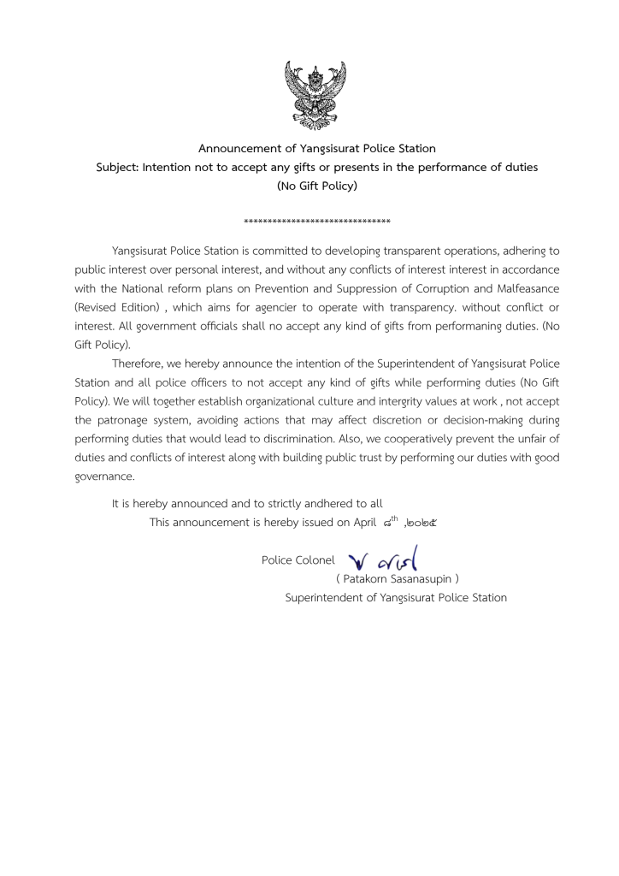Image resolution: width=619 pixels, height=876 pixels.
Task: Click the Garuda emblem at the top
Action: [x=315, y=94]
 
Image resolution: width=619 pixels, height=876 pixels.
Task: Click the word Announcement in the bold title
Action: [x=240, y=149]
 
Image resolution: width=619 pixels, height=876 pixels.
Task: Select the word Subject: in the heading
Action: [x=117, y=168]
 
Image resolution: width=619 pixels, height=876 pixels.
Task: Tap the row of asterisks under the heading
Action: [x=317, y=222]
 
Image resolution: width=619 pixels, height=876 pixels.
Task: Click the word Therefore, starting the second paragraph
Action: [x=142, y=364]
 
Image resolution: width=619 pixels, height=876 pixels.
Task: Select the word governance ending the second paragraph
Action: [x=103, y=476]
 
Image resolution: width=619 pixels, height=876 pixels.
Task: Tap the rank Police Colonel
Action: [x=298, y=560]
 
